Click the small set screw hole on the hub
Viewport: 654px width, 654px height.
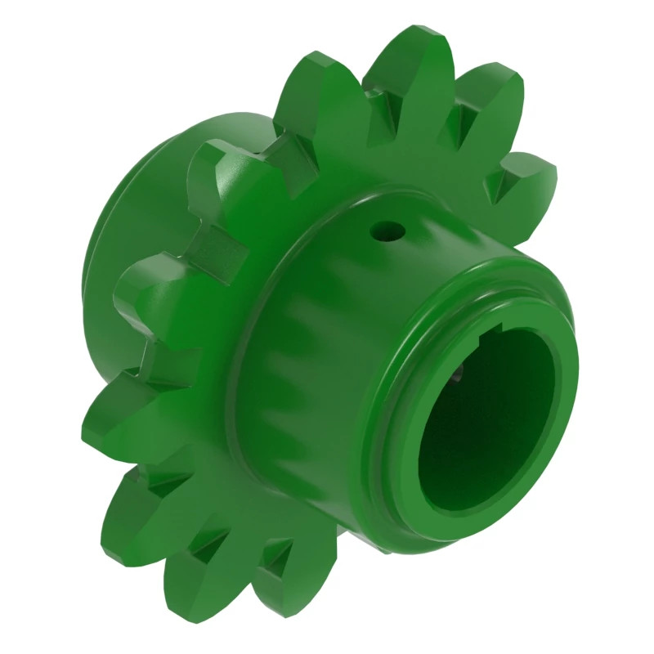point(385,231)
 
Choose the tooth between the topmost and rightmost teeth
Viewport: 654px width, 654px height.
point(490,90)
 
